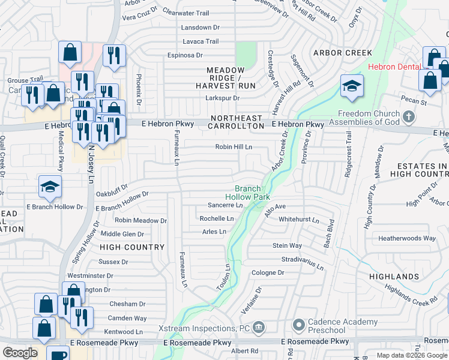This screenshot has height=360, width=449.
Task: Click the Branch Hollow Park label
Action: [247, 192]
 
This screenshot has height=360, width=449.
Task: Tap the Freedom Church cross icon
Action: [409, 115]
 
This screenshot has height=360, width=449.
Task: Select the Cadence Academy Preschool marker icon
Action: [298, 326]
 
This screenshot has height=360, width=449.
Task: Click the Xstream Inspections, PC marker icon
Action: [259, 328]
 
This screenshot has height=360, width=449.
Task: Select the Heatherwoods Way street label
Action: [406, 238]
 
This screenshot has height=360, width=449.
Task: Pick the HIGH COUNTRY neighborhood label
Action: [131, 247]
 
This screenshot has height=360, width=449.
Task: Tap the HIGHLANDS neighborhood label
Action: [394, 277]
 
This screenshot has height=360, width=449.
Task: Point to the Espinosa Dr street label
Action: [184, 55]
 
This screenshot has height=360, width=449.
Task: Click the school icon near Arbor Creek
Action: [352, 86]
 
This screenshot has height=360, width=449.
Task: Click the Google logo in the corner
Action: [19, 353]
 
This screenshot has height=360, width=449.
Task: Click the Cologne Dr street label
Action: [268, 272]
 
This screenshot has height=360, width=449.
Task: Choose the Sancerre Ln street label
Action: [221, 205]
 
